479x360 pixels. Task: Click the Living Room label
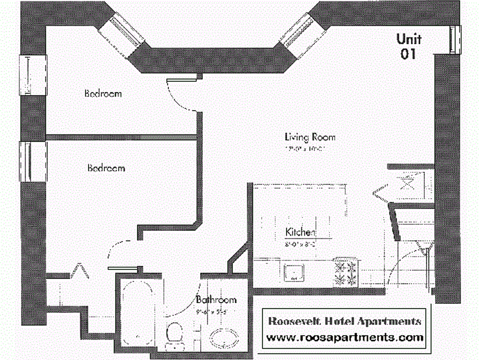click(x=310, y=137)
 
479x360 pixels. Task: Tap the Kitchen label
click(x=300, y=232)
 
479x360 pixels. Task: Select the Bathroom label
click(x=216, y=300)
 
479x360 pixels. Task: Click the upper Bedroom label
click(x=103, y=93)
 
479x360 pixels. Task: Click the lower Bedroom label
click(x=106, y=168)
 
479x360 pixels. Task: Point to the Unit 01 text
click(x=409, y=46)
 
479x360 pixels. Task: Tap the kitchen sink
click(x=294, y=273)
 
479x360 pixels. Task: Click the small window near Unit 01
click(x=455, y=39)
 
